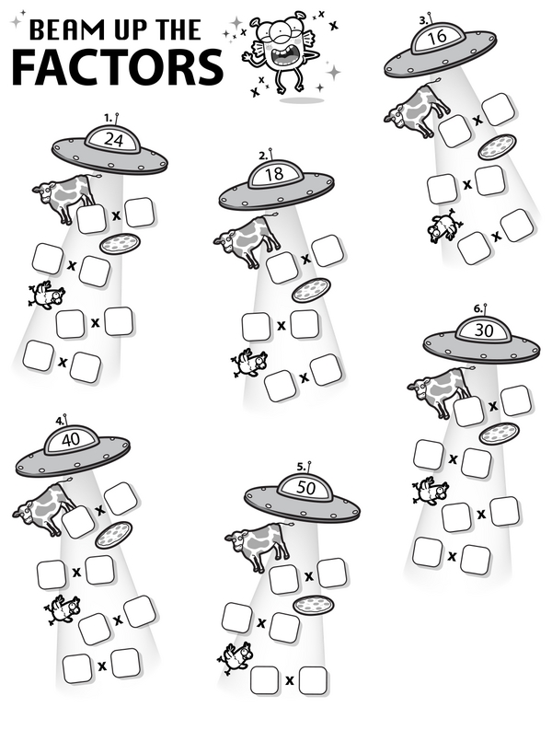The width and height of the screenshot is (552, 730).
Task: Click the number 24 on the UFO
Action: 113,139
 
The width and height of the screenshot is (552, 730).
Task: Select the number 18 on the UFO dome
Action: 274,174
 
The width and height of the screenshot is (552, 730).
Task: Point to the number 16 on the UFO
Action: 437,36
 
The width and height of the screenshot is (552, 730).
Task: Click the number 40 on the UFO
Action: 71,439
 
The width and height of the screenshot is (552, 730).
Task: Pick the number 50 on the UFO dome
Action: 305,488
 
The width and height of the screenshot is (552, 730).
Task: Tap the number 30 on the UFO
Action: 484,330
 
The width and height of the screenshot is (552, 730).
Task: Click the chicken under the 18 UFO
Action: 250,363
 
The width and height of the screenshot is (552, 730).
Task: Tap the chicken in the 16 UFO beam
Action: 445,226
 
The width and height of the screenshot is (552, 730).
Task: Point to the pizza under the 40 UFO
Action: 113,535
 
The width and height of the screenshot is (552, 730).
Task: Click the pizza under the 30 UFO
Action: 500,434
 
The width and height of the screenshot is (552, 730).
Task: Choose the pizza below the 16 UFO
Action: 498,146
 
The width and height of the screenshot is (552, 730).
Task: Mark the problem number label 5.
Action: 302,467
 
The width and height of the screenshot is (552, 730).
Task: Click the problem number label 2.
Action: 264,156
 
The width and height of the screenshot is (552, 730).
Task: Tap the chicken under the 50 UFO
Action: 236,658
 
